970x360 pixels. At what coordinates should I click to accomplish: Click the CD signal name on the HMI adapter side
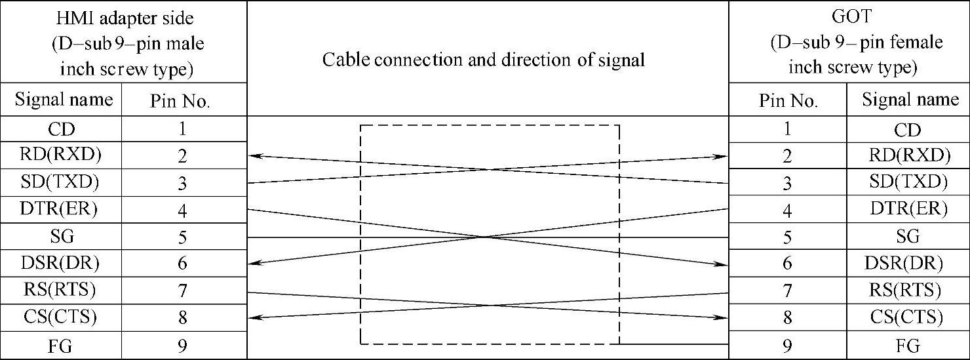(61, 129)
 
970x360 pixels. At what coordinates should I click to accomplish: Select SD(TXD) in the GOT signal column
(908, 182)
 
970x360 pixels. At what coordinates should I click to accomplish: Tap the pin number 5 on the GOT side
(787, 237)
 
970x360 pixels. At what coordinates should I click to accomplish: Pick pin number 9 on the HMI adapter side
(183, 346)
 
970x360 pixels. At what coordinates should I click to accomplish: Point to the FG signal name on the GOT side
(907, 346)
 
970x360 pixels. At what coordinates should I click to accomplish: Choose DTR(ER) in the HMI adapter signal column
(61, 209)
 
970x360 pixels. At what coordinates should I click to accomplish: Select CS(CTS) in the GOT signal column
(906, 318)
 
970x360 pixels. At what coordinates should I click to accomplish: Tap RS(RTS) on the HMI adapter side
(61, 290)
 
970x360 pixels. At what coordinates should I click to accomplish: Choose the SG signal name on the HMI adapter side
(61, 236)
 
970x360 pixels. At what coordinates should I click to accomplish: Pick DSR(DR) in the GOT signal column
(907, 263)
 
